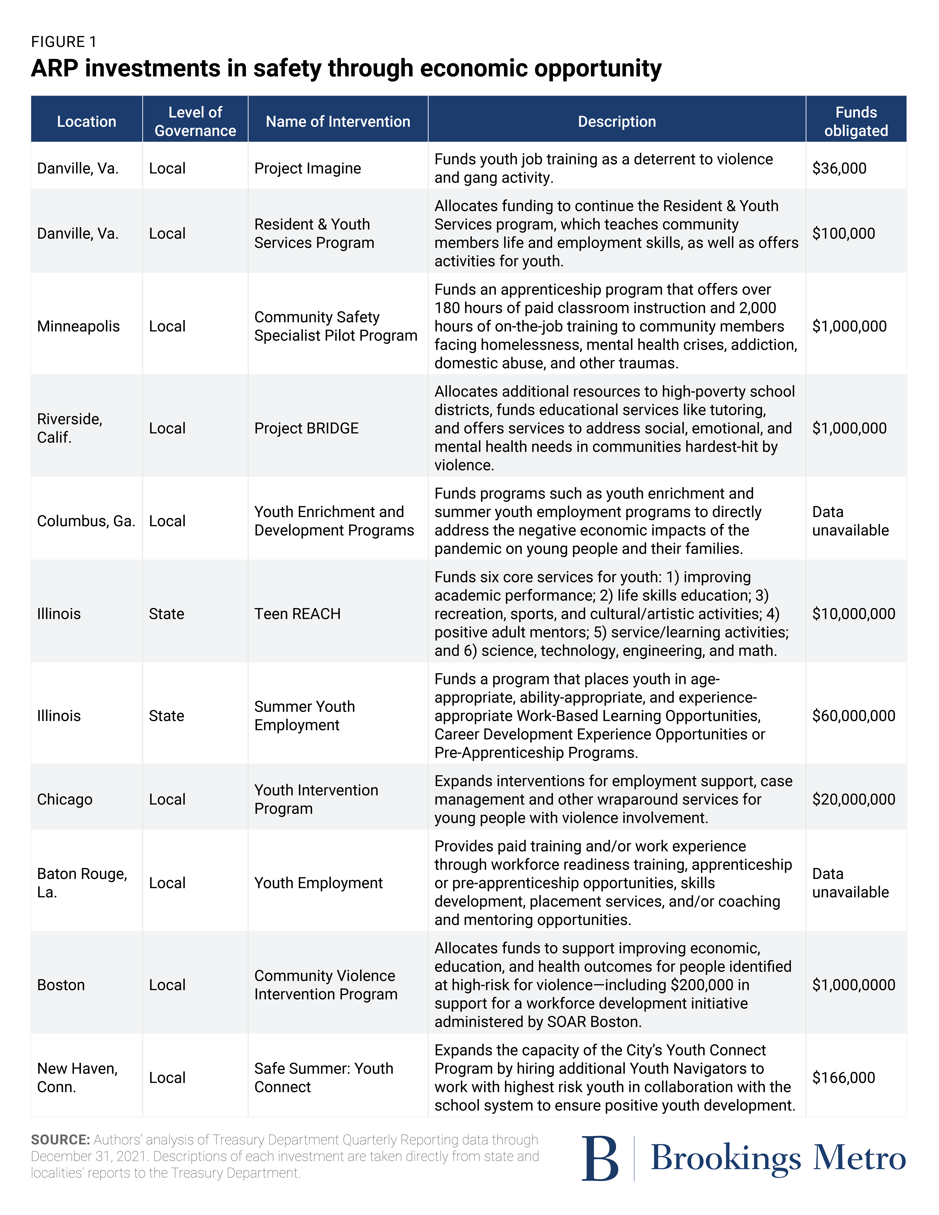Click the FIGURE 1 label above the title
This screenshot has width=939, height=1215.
pos(64,42)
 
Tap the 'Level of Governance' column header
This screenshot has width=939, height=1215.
pos(195,121)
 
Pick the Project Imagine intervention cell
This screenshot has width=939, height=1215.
pos(308,169)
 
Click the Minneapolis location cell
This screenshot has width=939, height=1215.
pos(79,327)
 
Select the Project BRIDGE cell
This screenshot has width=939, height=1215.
pos(306,428)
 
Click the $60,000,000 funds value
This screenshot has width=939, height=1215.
pos(853,716)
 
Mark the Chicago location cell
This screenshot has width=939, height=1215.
pos(65,799)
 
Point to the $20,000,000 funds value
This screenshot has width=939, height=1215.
pos(853,799)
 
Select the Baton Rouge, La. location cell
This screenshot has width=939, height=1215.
pos(82,883)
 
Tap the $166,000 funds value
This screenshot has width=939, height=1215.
pos(843,1078)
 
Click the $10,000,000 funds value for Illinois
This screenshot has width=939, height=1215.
pos(853,614)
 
